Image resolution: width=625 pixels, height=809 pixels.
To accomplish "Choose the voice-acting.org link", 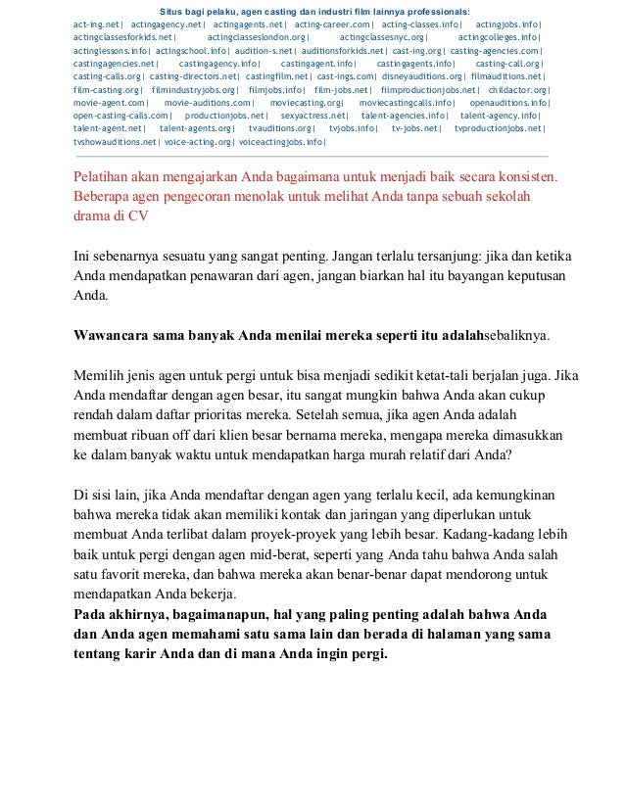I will pos(197,142).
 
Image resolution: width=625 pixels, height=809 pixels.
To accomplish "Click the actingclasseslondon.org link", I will pos(257,36).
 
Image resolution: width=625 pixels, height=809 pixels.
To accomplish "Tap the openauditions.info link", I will pos(508,102).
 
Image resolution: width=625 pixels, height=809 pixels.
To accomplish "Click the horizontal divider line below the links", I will pos(311,156).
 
